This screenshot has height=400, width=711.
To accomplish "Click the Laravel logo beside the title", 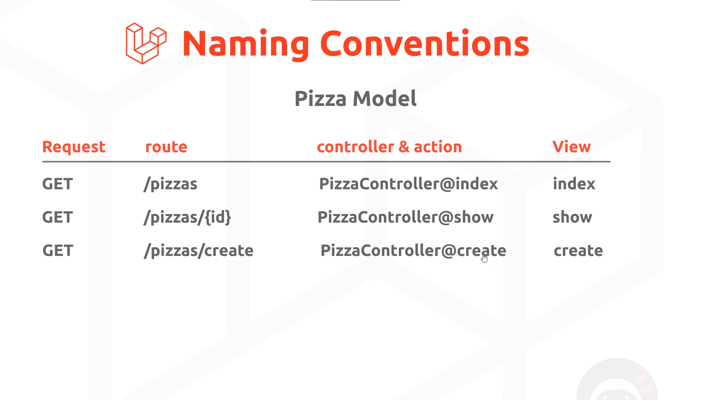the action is coord(146,43).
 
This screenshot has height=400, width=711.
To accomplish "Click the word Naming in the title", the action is coord(246,44).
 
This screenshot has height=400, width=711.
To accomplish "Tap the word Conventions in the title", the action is coord(425,43).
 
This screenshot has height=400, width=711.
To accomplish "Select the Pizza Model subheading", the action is coord(355,99).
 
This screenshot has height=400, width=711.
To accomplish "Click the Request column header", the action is coord(74,147).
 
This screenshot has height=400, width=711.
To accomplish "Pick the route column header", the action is coord(166,147).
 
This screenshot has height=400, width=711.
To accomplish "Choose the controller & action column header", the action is coord(390,147).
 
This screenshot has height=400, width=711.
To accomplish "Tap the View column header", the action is coord(571,147).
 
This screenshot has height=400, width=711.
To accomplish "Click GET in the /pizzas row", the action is coord(57,184).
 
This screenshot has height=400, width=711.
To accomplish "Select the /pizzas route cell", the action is coord(170,184).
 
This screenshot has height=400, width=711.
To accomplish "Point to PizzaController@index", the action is coord(408,184).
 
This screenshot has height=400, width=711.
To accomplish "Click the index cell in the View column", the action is coord(574,184).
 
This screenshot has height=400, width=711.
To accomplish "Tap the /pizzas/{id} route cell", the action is coord(187,217).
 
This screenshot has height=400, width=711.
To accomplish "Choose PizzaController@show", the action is coord(405,217).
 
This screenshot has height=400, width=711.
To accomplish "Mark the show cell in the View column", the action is coord(572,217).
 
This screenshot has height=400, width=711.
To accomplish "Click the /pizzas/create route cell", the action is coord(198,251).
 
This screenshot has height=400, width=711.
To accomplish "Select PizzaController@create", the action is coord(413,250).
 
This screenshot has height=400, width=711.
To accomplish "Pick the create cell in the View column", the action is coord(578,251).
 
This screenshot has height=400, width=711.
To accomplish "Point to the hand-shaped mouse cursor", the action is coord(484,258).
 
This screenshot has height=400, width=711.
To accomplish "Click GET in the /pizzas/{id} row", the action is coord(57,217).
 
